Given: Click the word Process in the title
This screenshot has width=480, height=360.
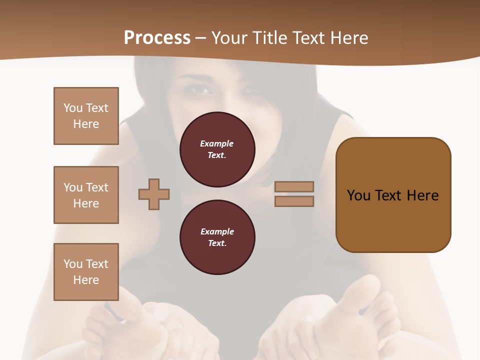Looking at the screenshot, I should pyautogui.click(x=157, y=38).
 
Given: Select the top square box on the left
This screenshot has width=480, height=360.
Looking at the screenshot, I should pyautogui.click(x=86, y=116).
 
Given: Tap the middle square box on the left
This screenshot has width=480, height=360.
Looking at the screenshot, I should pyautogui.click(x=86, y=195).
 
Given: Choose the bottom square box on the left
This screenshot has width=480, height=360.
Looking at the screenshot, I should pyautogui.click(x=86, y=272).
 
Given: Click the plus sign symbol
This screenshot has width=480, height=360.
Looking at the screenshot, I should pyautogui.click(x=154, y=194).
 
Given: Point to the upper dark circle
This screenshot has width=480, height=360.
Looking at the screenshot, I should pyautogui.click(x=217, y=149).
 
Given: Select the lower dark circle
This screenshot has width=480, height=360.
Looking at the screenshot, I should pyautogui.click(x=217, y=237).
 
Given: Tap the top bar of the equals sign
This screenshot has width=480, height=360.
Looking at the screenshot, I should pyautogui.click(x=294, y=186).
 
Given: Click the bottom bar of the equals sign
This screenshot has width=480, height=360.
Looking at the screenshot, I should pyautogui.click(x=294, y=201).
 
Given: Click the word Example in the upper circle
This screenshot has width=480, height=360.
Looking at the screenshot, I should pyautogui.click(x=216, y=144).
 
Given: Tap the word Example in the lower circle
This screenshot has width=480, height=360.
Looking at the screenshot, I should pyautogui.click(x=217, y=232).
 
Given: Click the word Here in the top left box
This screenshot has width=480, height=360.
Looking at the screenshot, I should pyautogui.click(x=86, y=124).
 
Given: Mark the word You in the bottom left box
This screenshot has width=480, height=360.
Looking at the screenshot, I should pyautogui.click(x=72, y=264).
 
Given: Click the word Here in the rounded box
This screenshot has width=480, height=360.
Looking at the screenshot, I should pyautogui.click(x=422, y=195).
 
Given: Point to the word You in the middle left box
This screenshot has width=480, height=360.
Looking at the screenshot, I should pyautogui.click(x=72, y=187).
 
